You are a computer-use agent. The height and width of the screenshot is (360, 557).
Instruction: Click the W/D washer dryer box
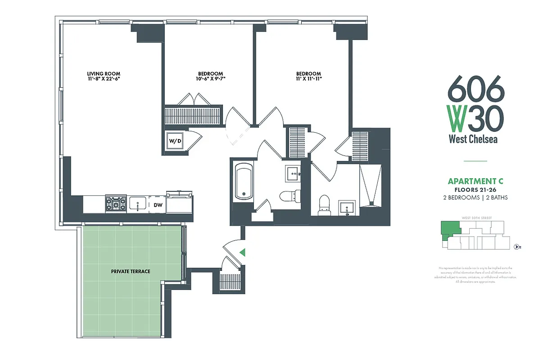(175, 141)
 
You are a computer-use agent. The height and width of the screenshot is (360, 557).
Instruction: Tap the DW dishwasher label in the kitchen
(158, 205)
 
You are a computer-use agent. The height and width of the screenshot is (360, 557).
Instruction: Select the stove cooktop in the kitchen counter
(116, 204)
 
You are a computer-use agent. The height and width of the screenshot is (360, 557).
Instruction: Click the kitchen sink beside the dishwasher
(137, 204)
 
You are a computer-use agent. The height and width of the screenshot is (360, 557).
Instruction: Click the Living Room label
(104, 74)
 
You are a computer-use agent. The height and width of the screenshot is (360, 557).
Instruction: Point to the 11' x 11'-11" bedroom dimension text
(308, 79)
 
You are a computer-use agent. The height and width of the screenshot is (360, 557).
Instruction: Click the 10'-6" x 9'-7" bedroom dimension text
(210, 79)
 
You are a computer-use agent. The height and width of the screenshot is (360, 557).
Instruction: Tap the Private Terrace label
(131, 271)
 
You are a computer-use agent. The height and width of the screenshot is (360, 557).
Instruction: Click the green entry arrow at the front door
(243, 252)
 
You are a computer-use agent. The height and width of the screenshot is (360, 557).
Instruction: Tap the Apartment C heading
(475, 181)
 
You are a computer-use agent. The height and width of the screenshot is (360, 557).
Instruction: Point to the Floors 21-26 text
(475, 190)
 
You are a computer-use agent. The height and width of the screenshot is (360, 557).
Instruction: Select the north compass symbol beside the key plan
(518, 246)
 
